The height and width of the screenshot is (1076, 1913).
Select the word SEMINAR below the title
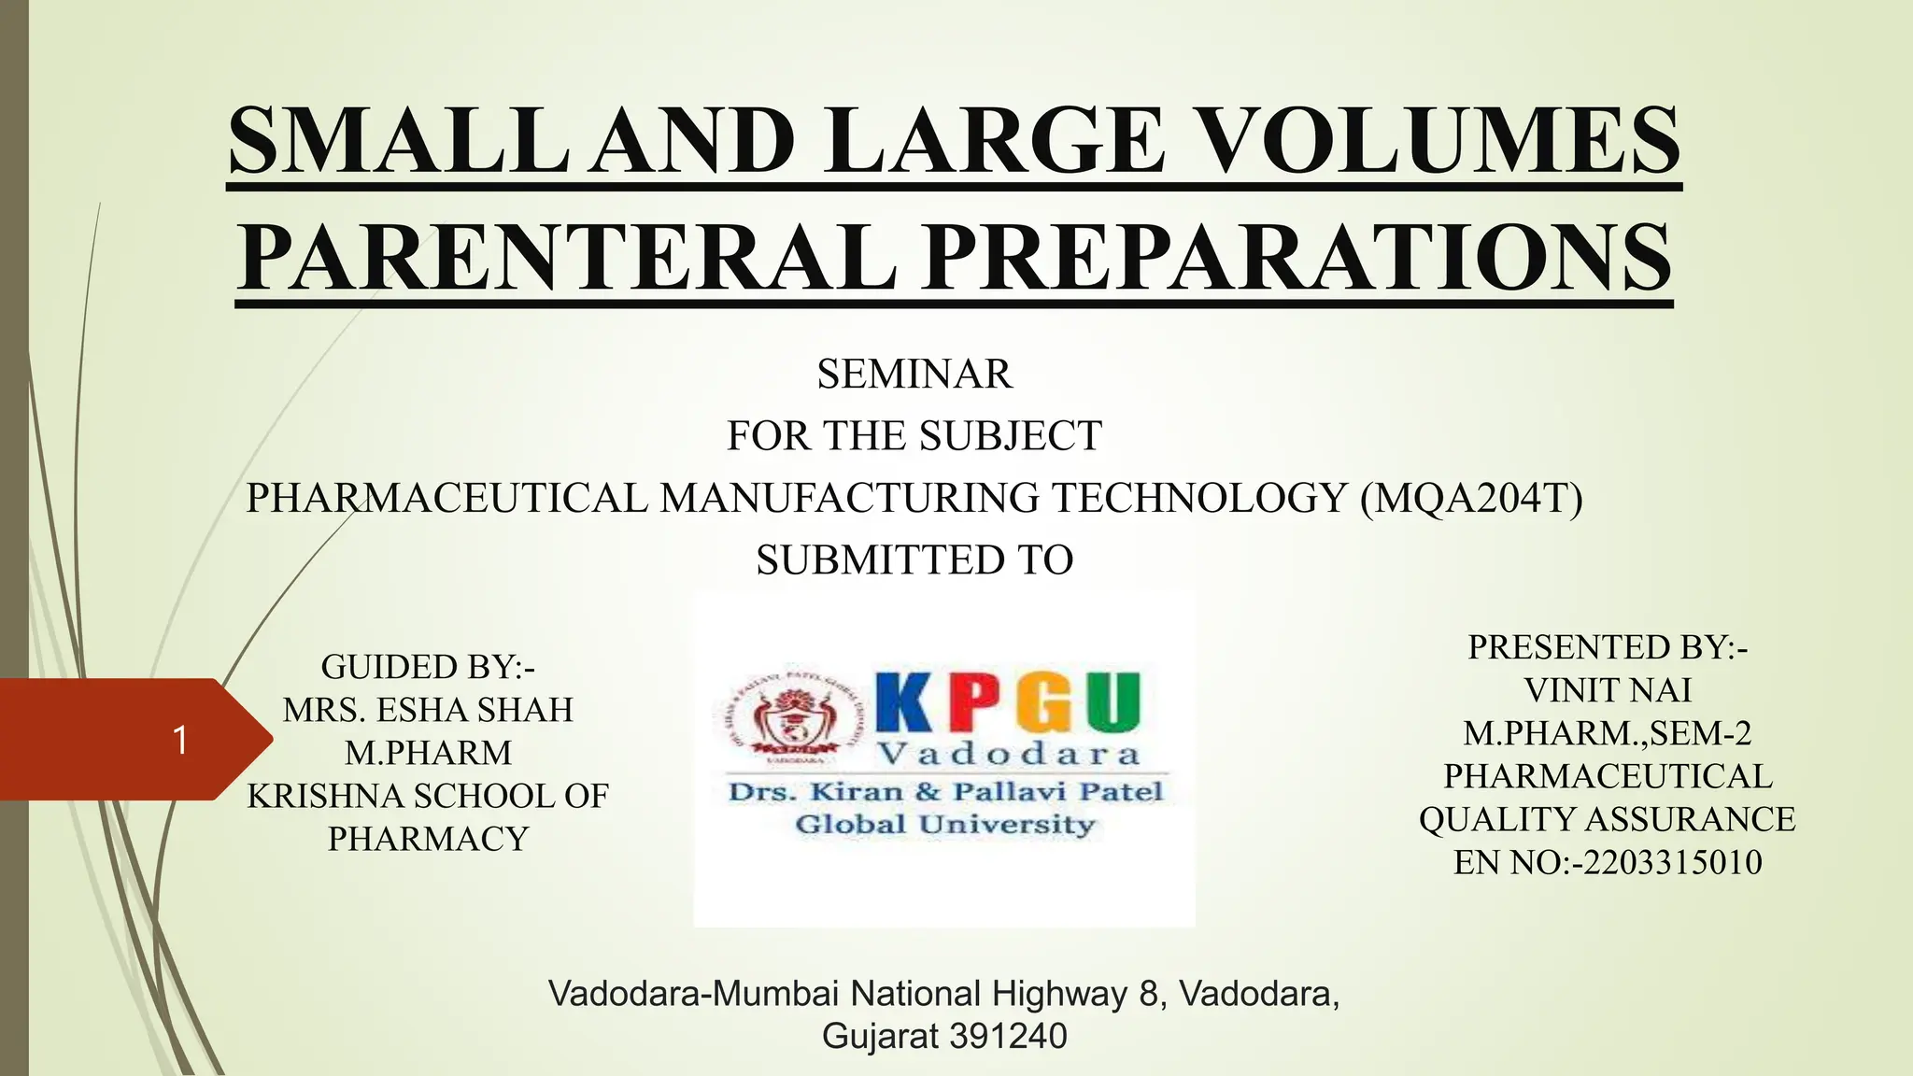[914, 375]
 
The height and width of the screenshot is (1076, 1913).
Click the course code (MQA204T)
[1471, 498]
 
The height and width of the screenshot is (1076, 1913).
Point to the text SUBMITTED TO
[914, 560]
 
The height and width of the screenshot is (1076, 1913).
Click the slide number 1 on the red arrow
[180, 740]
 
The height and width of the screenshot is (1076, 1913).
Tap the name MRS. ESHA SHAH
[428, 710]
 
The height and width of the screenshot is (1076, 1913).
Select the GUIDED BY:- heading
[428, 667]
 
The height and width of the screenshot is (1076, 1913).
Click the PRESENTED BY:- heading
[1607, 647]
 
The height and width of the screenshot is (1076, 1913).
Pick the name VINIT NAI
[1607, 690]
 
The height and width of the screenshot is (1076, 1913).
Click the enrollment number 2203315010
[1672, 862]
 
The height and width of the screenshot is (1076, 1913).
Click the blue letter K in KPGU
[904, 702]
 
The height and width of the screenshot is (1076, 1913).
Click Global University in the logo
[943, 825]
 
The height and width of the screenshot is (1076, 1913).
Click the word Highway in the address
[1059, 994]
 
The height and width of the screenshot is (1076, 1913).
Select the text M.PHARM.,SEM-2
[1607, 733]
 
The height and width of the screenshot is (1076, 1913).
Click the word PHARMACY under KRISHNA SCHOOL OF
[428, 839]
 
